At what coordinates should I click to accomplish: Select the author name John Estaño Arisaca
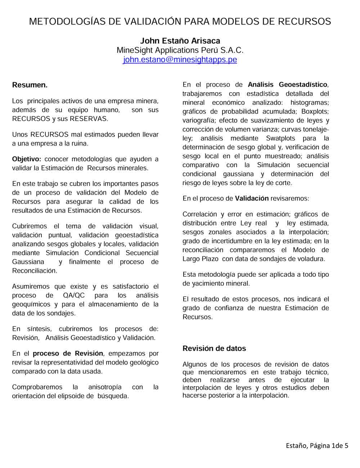(x=180, y=41)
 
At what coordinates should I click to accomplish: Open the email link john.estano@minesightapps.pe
(x=180, y=59)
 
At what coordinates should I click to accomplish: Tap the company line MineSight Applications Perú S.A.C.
(x=180, y=50)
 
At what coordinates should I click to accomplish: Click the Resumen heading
(x=30, y=85)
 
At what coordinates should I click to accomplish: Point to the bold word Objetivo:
(x=27, y=159)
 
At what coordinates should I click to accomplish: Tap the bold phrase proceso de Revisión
(x=68, y=353)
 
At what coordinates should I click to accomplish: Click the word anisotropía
(x=105, y=387)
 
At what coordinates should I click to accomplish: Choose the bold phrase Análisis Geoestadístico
(x=287, y=85)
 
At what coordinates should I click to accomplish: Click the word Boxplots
(x=315, y=111)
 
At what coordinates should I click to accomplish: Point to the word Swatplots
(x=280, y=138)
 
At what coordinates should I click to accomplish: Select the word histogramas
(x=310, y=103)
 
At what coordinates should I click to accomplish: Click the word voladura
(x=312, y=259)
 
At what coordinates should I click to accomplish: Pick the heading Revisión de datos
(x=214, y=348)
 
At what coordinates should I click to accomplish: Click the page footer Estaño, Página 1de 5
(x=317, y=446)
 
